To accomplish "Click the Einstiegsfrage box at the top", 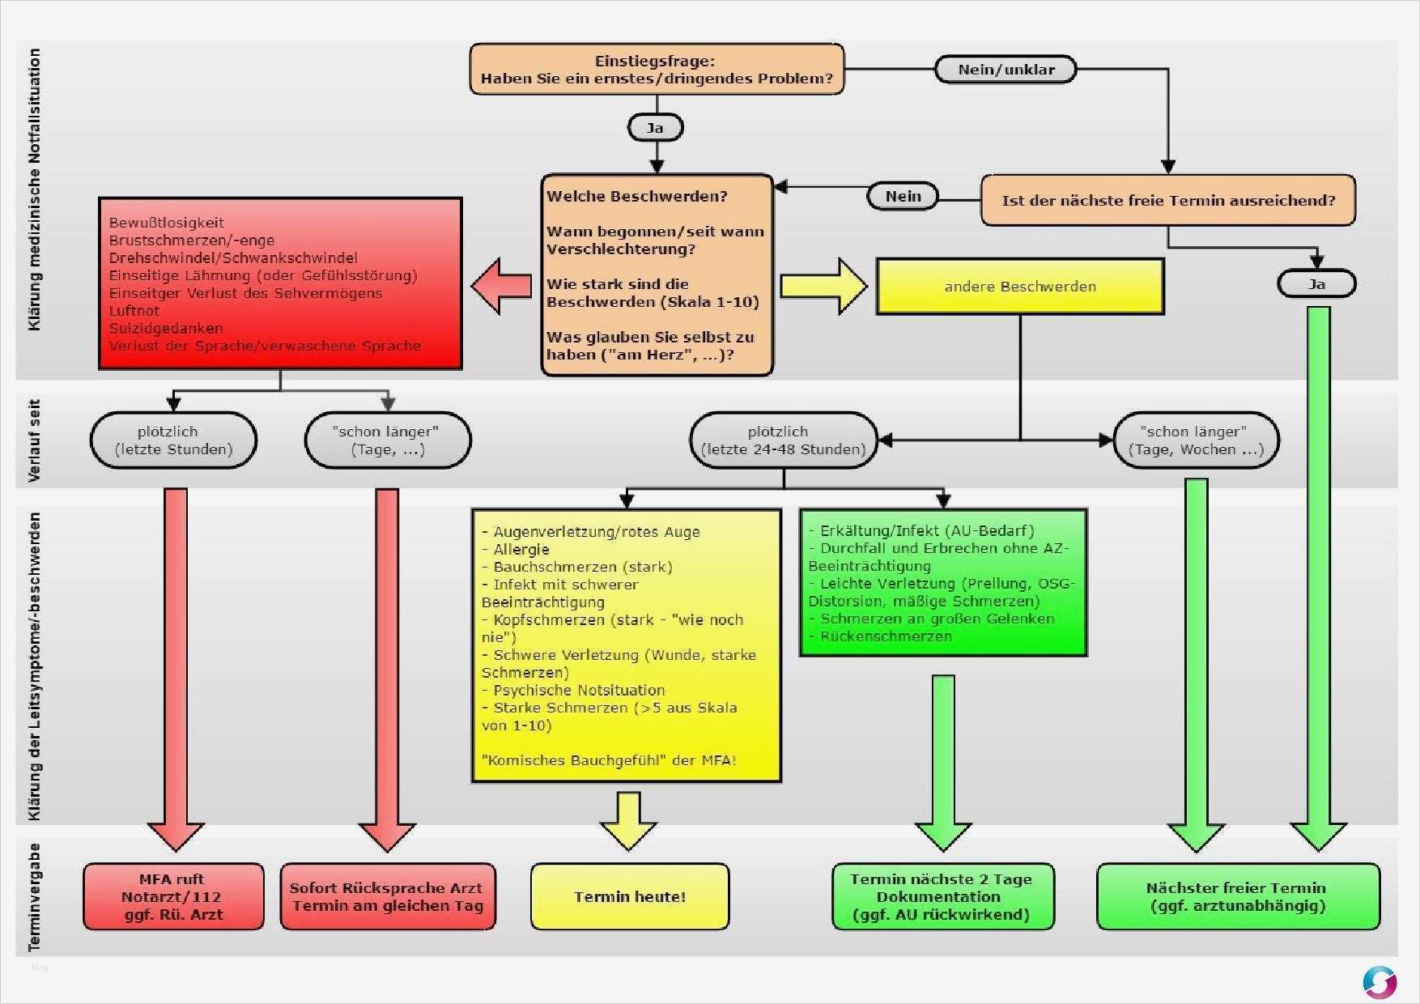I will pyautogui.click(x=657, y=70).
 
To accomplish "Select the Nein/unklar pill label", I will pyautogui.click(x=1005, y=70).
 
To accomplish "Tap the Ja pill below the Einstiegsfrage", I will pyautogui.click(x=655, y=128).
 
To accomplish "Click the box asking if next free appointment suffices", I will pyautogui.click(x=1167, y=200).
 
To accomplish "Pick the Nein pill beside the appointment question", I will pyautogui.click(x=903, y=196).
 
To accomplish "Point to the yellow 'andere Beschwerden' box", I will pyautogui.click(x=1019, y=287).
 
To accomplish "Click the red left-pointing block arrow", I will pyautogui.click(x=501, y=286).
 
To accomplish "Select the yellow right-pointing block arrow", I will pyautogui.click(x=823, y=286).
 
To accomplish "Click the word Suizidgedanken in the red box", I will pyautogui.click(x=166, y=328).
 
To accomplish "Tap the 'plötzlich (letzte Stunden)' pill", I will pyautogui.click(x=173, y=440).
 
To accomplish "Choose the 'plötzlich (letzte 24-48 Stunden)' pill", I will pyautogui.click(x=783, y=440).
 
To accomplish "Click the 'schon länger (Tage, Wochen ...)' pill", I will pyautogui.click(x=1196, y=440).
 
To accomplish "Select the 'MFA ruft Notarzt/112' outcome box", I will pyautogui.click(x=173, y=896).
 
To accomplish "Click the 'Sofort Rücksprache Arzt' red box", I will pyautogui.click(x=387, y=896).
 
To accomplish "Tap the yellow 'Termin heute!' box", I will pyautogui.click(x=630, y=896).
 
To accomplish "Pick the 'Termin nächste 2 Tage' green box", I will pyautogui.click(x=942, y=896).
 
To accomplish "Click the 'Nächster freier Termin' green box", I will pyautogui.click(x=1237, y=896).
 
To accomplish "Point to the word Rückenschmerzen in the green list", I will pyautogui.click(x=886, y=636).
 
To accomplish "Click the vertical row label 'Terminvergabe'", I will pyautogui.click(x=34, y=896).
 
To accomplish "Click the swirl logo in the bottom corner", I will pyautogui.click(x=1379, y=982).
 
